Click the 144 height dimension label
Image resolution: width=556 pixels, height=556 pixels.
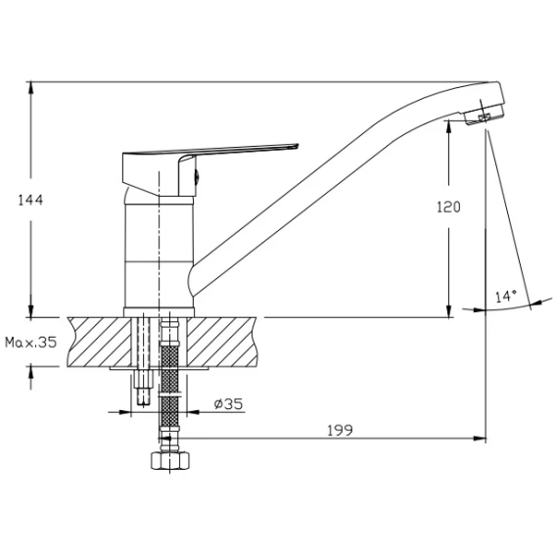click(x=30, y=200)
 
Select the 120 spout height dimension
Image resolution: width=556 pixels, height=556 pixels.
click(x=448, y=207)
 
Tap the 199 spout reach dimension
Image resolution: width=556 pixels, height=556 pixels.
click(x=340, y=430)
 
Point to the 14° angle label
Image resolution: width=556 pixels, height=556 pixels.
click(x=506, y=296)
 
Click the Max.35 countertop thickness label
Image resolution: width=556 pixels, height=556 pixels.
click(x=31, y=343)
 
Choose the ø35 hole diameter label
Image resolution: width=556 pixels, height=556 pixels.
click(x=229, y=403)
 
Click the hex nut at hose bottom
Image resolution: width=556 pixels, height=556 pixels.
click(x=170, y=460)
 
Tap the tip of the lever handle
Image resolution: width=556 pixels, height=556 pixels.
click(x=298, y=146)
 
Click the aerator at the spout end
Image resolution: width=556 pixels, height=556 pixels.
click(x=484, y=114)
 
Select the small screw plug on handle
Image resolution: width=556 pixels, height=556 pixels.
click(x=197, y=176)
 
